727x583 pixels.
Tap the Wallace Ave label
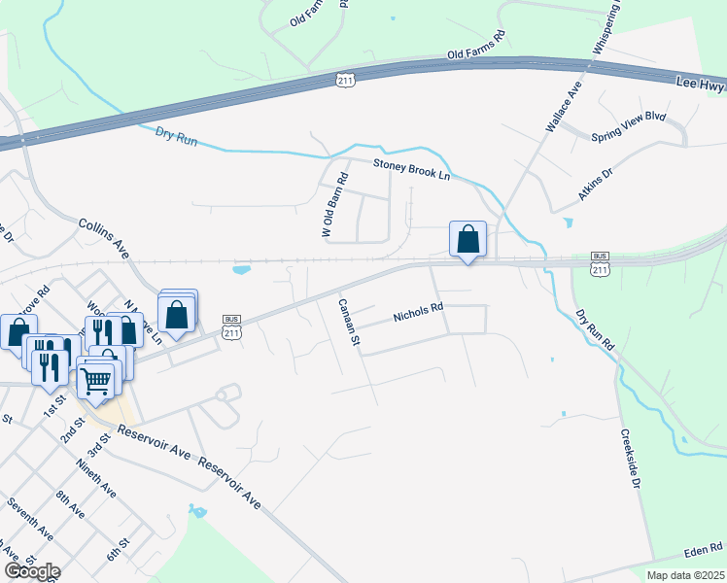click(x=563, y=108)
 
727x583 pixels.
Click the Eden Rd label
click(x=704, y=551)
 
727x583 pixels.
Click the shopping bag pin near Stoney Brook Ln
click(x=467, y=239)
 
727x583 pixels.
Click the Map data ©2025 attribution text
click(x=685, y=575)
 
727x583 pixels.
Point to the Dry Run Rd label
click(x=595, y=331)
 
